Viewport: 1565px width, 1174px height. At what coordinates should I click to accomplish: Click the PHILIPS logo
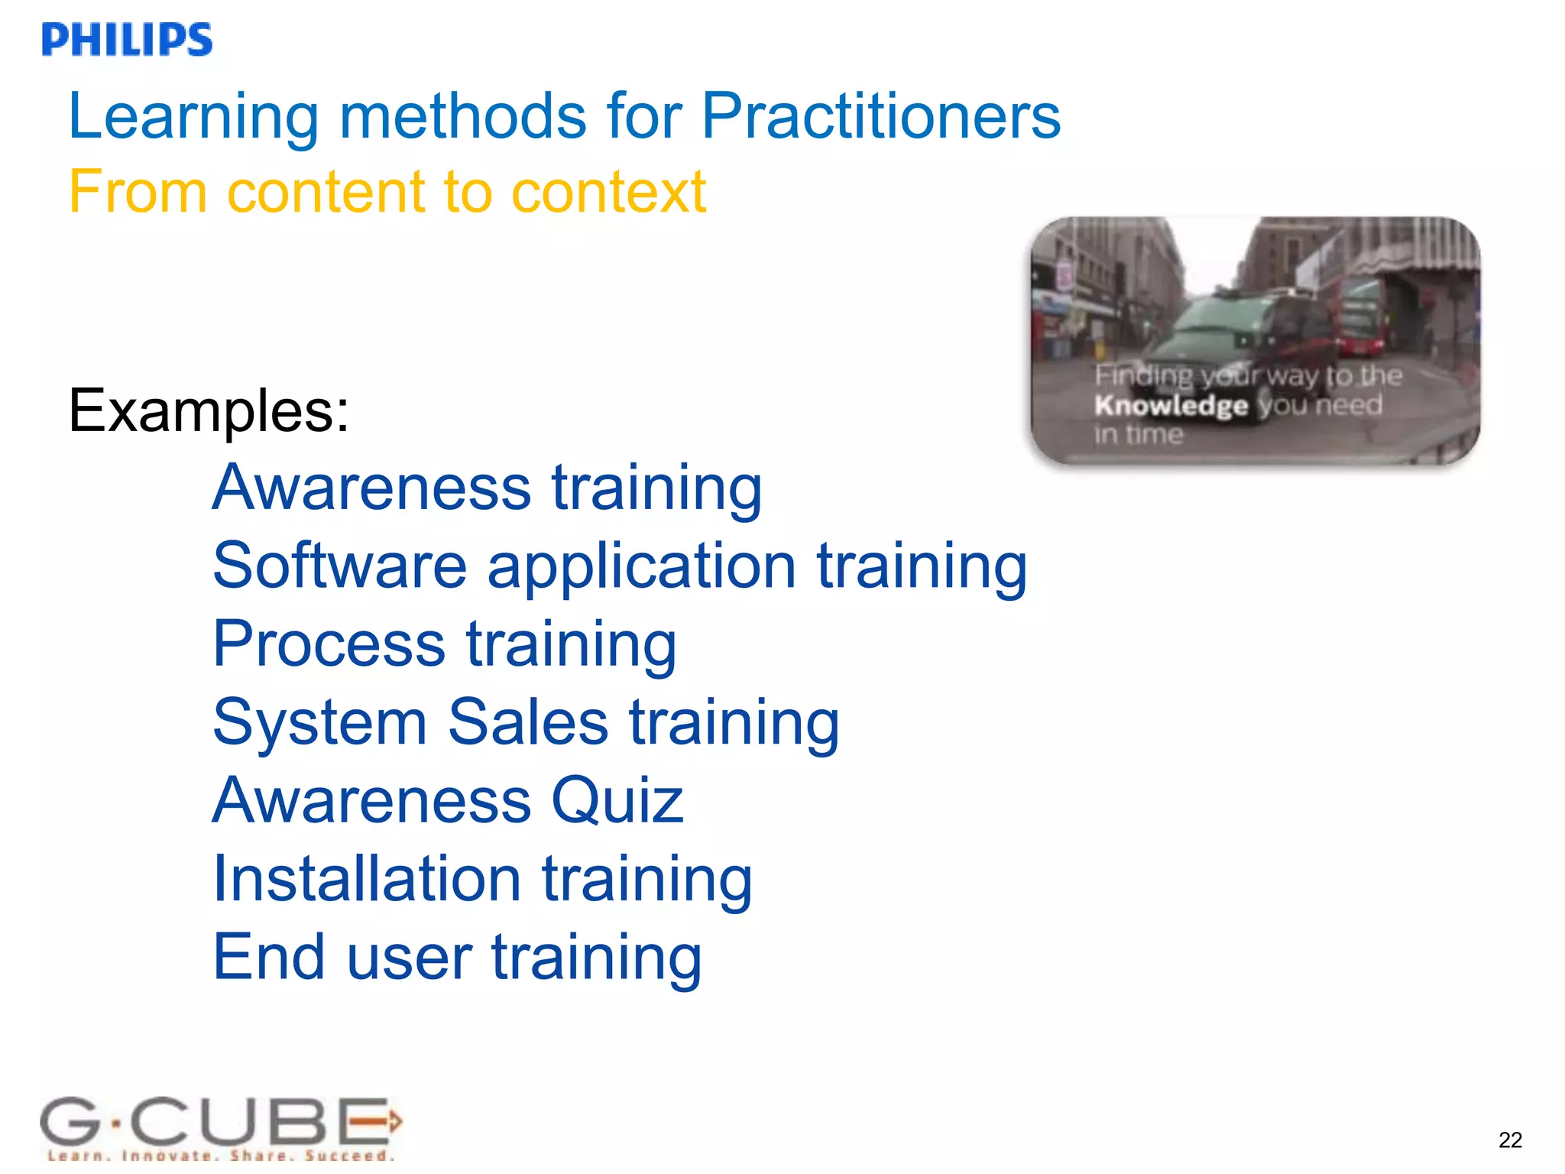coord(127,40)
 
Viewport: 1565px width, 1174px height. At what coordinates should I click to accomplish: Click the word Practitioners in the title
coord(880,116)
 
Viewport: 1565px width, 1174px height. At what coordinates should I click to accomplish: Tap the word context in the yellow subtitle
coord(608,191)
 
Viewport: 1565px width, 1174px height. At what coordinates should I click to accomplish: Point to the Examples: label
coord(209,411)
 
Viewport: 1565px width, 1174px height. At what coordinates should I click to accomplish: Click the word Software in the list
coord(339,566)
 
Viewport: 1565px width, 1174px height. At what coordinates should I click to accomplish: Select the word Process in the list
coord(329,644)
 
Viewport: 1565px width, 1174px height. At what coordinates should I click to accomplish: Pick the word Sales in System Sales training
coord(527,722)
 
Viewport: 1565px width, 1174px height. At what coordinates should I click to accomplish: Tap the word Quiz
coord(617,801)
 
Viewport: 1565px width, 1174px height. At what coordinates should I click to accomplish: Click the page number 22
coord(1510,1140)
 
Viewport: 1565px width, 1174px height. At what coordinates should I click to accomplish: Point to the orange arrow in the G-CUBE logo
coord(380,1121)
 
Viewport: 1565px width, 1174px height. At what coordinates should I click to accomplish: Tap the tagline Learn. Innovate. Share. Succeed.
coord(220,1156)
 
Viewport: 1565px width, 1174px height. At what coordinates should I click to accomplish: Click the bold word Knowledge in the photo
coord(1170,405)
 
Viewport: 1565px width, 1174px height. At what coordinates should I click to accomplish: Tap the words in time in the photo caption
coord(1138,434)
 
